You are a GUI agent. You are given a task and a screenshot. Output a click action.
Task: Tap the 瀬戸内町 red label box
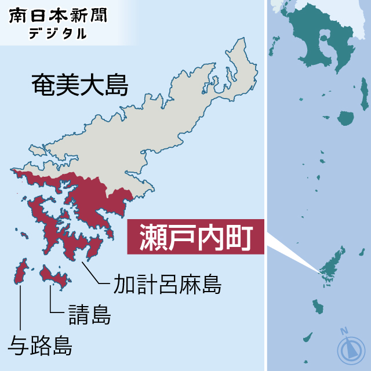pos(195,237)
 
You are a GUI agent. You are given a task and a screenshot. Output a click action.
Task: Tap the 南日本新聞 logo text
pos(58,15)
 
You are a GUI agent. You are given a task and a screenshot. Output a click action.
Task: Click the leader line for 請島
pos(52,301)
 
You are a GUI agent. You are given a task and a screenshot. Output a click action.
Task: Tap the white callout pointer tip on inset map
pos(318,269)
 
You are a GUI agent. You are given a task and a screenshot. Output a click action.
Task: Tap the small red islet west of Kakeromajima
pos(25,235)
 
